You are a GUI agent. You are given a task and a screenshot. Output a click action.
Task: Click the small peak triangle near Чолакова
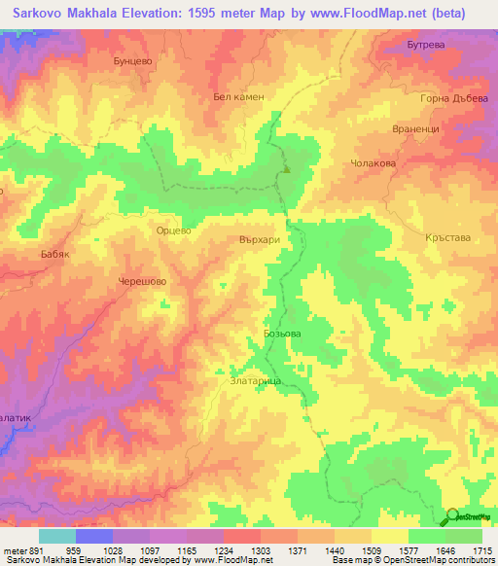pos(287,169)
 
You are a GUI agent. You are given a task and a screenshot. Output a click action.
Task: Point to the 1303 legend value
pos(261,551)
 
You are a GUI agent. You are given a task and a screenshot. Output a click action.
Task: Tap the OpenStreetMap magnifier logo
pos(451,516)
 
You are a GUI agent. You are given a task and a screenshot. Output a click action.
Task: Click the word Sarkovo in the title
pos(42,14)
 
